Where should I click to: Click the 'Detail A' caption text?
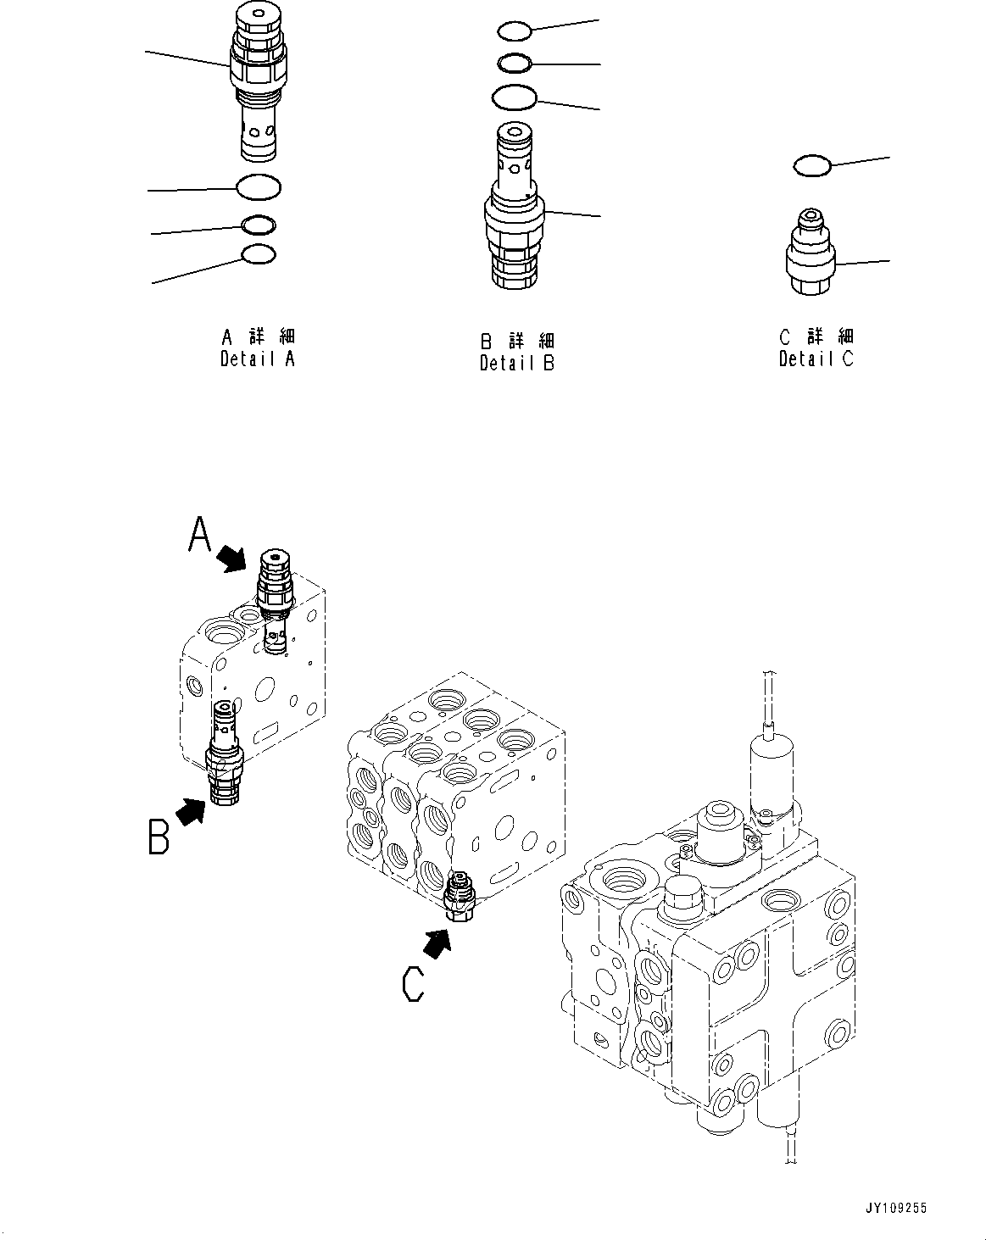click(x=258, y=359)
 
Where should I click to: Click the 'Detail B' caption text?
click(x=516, y=363)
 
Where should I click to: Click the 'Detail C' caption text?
click(x=816, y=359)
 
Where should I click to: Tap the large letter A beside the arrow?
click(x=199, y=536)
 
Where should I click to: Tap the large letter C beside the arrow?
click(x=413, y=984)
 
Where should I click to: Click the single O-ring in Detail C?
click(x=812, y=166)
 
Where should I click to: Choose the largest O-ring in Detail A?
click(x=259, y=186)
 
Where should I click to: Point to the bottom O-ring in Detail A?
click(x=259, y=254)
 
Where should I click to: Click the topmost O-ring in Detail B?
click(x=514, y=31)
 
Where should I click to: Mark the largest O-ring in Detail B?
click(x=514, y=97)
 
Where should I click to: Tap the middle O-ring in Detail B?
click(x=514, y=63)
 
